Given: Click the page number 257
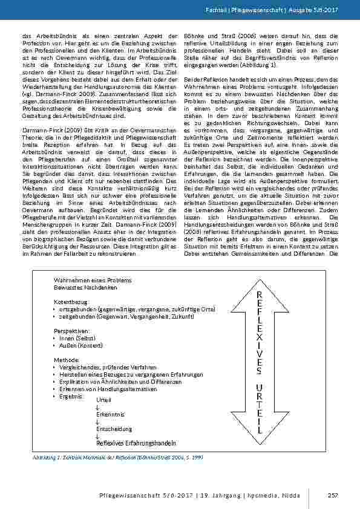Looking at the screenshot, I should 332,496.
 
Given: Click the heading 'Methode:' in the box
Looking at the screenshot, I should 67,359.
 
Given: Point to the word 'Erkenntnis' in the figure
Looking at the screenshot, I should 110,414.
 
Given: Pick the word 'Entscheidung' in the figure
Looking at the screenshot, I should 113,429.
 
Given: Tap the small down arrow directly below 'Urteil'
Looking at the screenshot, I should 97,407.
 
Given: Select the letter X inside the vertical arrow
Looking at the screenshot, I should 258,333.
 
